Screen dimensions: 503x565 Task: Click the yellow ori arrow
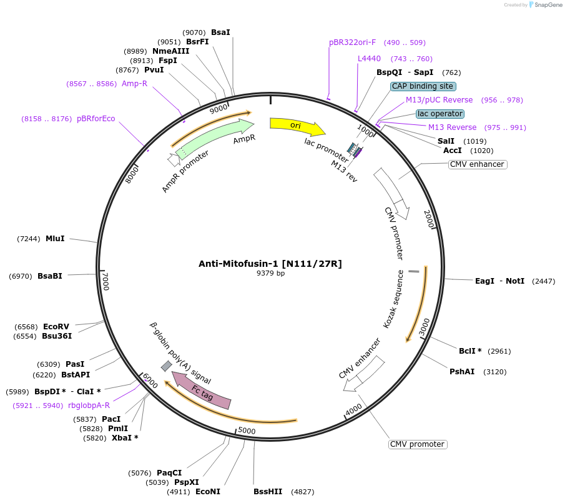297,126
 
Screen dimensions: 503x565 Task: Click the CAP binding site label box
423,86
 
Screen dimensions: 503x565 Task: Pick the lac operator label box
440,114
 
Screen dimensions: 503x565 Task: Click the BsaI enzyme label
220,32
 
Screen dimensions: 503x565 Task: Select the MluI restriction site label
55,238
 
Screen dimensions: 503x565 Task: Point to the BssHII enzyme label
267,492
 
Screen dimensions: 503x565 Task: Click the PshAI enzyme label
462,372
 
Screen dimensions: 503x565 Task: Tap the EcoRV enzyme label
56,326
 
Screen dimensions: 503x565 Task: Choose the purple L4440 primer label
369,59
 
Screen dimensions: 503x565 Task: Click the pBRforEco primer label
96,119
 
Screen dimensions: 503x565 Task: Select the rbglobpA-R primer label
89,406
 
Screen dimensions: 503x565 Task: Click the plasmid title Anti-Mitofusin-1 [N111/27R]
270,264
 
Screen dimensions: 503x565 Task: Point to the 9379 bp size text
270,273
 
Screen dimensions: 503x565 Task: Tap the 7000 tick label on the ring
106,281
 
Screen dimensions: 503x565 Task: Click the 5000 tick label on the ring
247,431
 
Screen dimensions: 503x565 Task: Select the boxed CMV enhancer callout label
478,164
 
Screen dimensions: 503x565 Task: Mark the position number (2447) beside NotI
543,281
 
